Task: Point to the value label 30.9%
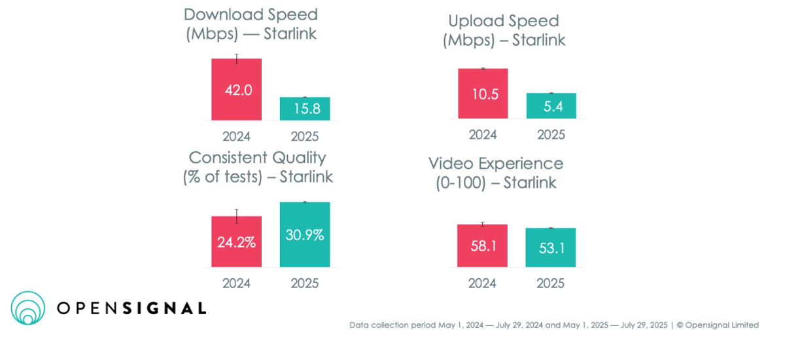pyautogui.click(x=305, y=235)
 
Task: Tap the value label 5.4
pyautogui.click(x=551, y=107)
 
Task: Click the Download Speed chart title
pyautogui.click(x=251, y=24)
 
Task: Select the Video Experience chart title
pyautogui.click(x=496, y=173)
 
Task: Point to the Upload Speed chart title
pyautogui.click(x=504, y=30)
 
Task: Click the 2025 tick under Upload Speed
pyautogui.click(x=551, y=135)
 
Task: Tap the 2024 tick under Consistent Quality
pyautogui.click(x=236, y=283)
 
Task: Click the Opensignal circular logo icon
pyautogui.click(x=27, y=308)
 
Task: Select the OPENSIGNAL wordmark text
pyautogui.click(x=131, y=308)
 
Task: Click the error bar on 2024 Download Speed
pyautogui.click(x=237, y=59)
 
